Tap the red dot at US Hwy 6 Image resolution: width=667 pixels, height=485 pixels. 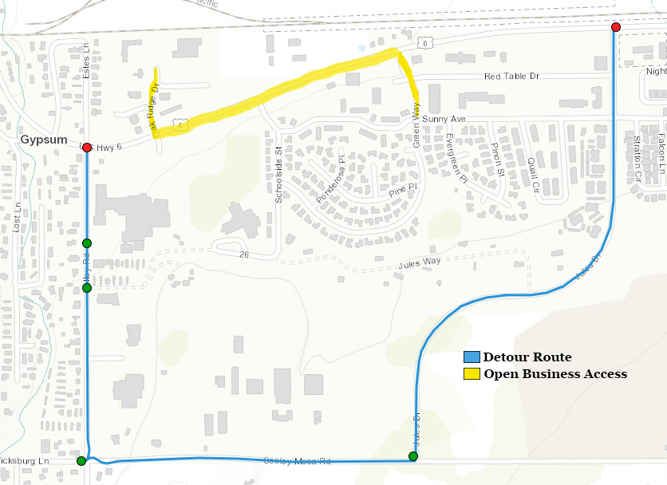[x=87, y=147]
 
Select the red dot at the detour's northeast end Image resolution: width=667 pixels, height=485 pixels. [x=615, y=27]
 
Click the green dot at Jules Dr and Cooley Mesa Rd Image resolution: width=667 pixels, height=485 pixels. [x=412, y=456]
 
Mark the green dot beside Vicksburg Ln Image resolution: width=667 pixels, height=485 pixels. [x=81, y=460]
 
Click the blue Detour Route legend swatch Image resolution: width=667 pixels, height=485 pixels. [x=472, y=357]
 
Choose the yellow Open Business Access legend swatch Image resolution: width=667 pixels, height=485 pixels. [x=472, y=374]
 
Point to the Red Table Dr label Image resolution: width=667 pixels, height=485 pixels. [x=512, y=77]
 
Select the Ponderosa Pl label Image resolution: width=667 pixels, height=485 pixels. [x=333, y=186]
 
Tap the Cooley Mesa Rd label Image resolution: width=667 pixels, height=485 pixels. [x=297, y=461]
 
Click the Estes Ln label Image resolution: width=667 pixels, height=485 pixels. [x=87, y=61]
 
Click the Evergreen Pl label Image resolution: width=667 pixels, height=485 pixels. [x=456, y=159]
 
